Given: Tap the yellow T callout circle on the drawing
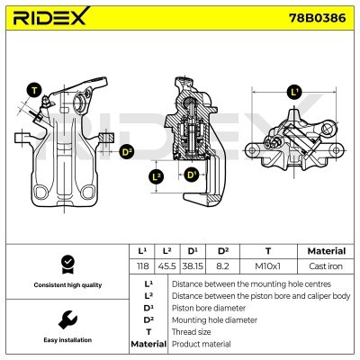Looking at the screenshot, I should coord(34,90).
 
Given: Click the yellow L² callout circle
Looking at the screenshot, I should coord(157,176).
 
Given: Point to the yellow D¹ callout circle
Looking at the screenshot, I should coord(191,175).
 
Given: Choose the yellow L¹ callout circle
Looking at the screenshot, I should coord(294,92).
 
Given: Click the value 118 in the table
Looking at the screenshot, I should coord(141,267).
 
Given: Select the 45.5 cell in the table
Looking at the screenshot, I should coord(166,267).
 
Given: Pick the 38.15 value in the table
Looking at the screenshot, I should coord(193,267).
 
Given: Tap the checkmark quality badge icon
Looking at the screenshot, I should coord(66,264).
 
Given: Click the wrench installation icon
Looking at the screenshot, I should coord(66,319).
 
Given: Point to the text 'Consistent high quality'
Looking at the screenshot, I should coord(66,285).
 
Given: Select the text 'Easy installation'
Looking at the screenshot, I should coord(66,341).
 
